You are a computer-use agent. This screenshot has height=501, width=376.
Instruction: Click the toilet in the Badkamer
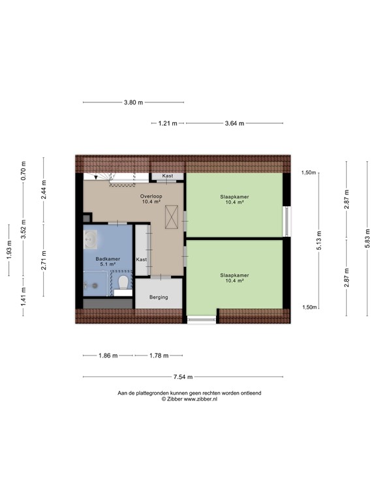coord(123,282)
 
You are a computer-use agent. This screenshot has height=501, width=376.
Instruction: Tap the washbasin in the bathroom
coord(91,239)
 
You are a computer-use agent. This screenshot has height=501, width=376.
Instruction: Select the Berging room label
coord(158,297)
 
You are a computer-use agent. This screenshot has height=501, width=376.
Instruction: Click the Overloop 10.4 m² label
coord(151,199)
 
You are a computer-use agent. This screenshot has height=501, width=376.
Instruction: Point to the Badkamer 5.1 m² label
coord(108,262)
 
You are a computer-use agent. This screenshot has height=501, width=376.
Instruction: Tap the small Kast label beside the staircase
coord(167,176)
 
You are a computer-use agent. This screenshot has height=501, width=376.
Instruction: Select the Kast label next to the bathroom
coord(142,260)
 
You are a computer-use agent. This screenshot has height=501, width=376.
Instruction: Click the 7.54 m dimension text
coord(183,377)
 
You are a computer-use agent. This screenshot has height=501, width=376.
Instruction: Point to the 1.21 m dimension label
coord(167,123)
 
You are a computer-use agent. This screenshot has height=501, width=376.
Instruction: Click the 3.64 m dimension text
coord(234,123)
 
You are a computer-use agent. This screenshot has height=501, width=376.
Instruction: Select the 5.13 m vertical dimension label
coord(318,240)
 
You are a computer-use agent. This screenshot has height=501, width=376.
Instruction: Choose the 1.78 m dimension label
coord(158,356)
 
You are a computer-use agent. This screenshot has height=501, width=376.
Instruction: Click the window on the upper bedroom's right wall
coord(286,221)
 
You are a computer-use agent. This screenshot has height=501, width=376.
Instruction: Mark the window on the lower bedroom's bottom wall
coord(201,319)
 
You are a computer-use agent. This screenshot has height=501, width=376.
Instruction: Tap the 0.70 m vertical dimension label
coord(23,170)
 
